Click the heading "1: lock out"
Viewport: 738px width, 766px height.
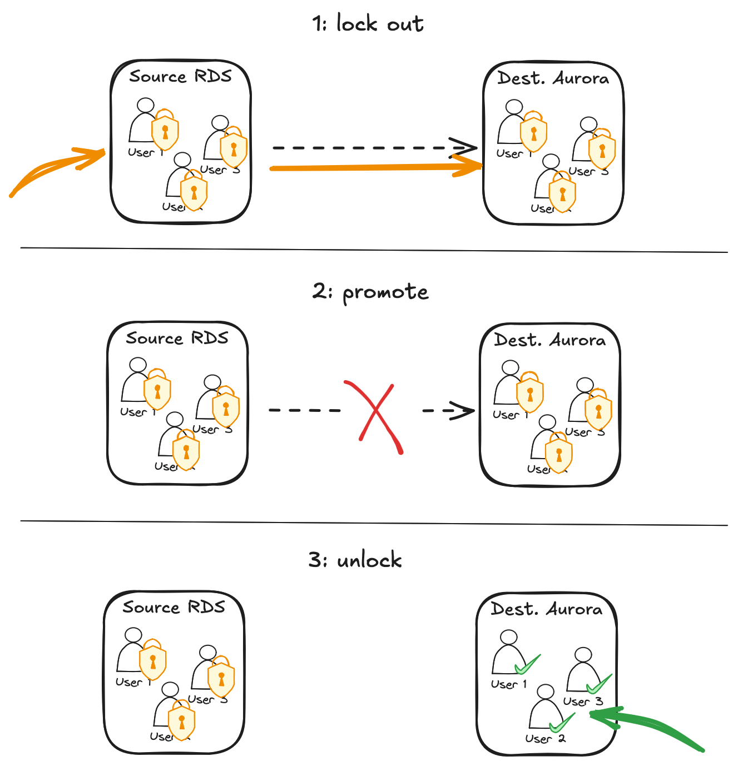point(368,24)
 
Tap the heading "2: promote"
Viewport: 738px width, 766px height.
point(370,292)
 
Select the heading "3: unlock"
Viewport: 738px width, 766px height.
point(355,560)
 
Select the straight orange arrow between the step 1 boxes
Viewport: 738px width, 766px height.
point(375,167)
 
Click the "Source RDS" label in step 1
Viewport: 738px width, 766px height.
point(180,76)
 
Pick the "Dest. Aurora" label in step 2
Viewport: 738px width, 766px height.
point(549,340)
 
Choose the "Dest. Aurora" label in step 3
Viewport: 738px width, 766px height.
point(546,609)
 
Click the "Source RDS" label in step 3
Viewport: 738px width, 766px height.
point(174,607)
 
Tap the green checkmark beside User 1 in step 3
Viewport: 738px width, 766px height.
point(527,664)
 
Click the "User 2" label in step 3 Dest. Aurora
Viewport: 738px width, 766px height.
point(545,739)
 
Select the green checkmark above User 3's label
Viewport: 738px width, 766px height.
point(599,684)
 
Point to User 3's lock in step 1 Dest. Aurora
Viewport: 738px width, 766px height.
point(602,150)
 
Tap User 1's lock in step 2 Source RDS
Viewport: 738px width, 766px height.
point(157,391)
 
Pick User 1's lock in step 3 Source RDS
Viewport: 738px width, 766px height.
point(153,661)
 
